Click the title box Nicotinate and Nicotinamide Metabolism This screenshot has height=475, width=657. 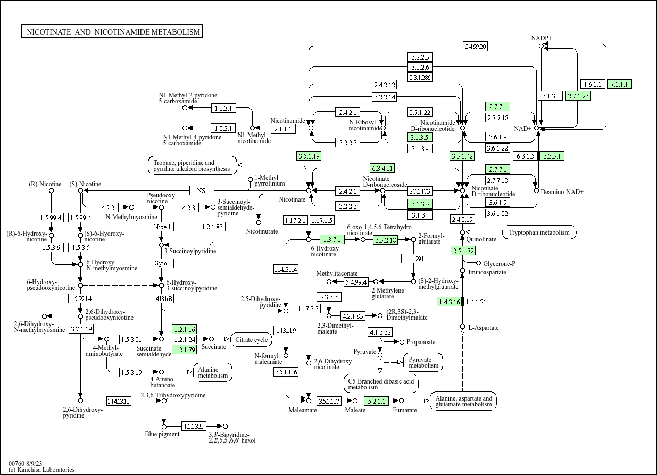tap(112, 31)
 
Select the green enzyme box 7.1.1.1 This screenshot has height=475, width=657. tap(619, 84)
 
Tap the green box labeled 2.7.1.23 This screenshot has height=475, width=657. tap(578, 96)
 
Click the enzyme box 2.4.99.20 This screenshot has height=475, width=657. tap(475, 46)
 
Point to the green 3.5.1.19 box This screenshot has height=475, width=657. tap(309, 156)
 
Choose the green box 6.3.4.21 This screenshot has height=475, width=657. tap(382, 168)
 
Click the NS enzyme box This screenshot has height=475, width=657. tap(202, 190)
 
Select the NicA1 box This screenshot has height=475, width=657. tap(161, 227)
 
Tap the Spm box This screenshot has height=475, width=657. tap(161, 263)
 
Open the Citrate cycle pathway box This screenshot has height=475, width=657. tap(251, 339)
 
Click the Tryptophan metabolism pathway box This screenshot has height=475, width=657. tap(539, 232)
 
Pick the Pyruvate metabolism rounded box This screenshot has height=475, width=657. tap(423, 362)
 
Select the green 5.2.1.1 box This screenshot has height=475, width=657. tap(376, 401)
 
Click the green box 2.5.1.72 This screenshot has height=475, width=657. tap(463, 251)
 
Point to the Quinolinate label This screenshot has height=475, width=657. tap(481, 239)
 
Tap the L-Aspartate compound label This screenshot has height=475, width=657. tap(484, 328)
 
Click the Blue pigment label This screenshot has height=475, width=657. tap(162, 434)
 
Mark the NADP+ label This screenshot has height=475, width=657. tap(542, 38)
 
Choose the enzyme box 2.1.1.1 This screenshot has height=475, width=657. tap(283, 129)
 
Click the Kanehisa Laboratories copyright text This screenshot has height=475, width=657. tap(41, 470)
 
